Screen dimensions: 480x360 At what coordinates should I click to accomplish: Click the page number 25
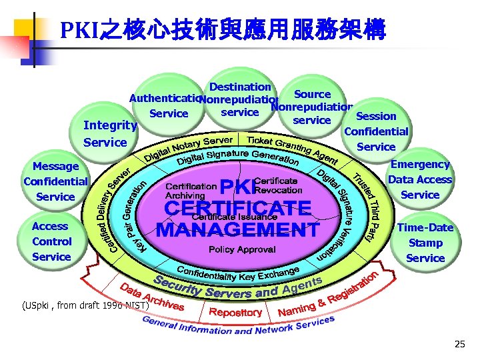[459, 344]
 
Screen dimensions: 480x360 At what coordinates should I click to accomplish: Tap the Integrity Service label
[110, 133]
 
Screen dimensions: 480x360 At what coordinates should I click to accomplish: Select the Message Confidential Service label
[56, 181]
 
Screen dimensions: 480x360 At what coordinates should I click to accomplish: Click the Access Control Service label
[51, 241]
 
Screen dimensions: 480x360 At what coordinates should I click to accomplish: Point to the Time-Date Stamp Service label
[425, 243]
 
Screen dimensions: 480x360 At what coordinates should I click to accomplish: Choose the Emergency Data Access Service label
[419, 179]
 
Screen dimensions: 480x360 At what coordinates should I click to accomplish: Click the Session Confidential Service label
[376, 131]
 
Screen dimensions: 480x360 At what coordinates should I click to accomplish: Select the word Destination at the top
[240, 87]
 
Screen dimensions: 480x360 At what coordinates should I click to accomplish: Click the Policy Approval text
[242, 249]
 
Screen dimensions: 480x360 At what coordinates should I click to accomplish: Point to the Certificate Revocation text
[278, 186]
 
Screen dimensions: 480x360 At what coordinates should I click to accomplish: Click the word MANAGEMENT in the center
[237, 231]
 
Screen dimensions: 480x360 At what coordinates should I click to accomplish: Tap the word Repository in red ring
[235, 312]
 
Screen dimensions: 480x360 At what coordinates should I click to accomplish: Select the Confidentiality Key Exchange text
[237, 273]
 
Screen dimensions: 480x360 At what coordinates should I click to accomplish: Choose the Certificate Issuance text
[225, 217]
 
